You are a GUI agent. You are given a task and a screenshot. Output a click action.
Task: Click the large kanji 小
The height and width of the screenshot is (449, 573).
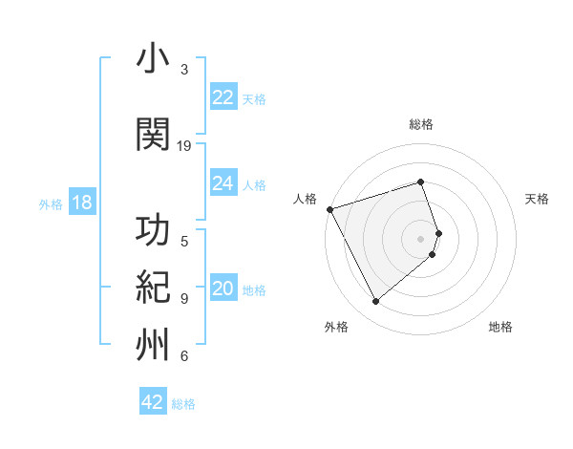(x=154, y=59)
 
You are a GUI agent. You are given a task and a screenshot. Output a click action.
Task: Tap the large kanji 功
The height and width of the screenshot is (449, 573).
(x=154, y=230)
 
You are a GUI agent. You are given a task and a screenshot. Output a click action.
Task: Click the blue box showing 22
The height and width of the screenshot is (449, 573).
(x=223, y=97)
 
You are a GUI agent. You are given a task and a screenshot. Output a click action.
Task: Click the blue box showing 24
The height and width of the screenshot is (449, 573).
(x=223, y=183)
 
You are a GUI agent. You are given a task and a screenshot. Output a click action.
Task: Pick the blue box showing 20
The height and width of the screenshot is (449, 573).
(x=223, y=289)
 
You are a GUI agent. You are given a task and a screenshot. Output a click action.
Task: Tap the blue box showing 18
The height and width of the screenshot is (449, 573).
(x=81, y=203)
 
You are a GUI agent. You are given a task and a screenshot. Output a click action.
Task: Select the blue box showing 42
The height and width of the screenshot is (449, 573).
(x=153, y=402)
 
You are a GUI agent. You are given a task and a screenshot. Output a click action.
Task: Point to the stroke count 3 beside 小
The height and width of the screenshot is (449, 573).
(x=184, y=70)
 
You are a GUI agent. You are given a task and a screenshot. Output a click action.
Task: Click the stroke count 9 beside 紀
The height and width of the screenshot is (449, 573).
(x=184, y=298)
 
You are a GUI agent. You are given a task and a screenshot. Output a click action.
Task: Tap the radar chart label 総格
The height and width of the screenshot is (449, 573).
(x=421, y=124)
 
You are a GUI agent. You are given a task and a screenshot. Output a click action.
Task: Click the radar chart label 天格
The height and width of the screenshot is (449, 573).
(x=537, y=199)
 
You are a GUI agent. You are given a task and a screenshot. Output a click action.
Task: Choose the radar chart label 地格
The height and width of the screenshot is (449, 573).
(x=500, y=327)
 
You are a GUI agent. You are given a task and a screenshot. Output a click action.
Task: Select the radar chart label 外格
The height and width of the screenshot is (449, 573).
(x=336, y=327)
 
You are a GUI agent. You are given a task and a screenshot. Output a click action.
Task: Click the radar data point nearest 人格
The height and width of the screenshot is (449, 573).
(x=329, y=209)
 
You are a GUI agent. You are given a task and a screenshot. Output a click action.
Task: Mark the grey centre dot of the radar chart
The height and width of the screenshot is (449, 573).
(x=421, y=238)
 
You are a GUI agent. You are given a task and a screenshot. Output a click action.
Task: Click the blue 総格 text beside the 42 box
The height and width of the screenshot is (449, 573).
(x=183, y=404)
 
